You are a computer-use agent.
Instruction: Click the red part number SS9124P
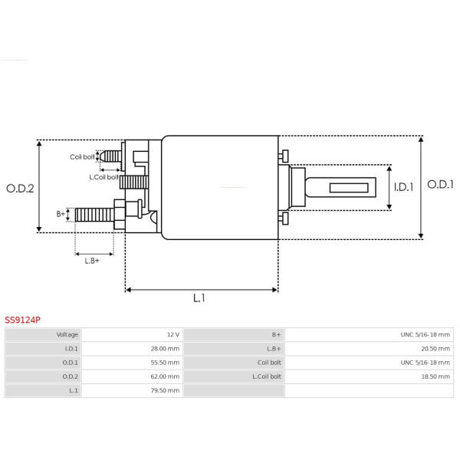[x=22, y=320]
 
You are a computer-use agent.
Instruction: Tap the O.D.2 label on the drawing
[x=20, y=189]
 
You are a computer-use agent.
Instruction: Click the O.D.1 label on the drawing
[x=440, y=185]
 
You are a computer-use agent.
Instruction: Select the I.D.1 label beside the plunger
[x=403, y=187]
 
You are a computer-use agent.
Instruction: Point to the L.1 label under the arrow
[x=199, y=298]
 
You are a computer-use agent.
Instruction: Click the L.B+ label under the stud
[x=92, y=261]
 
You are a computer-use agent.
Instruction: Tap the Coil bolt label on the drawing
[x=82, y=157]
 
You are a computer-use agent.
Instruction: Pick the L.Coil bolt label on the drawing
[x=103, y=177]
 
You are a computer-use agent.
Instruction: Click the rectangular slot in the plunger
[x=349, y=188]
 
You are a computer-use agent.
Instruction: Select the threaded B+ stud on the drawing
[x=94, y=215]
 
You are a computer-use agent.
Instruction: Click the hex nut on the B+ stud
[x=120, y=215]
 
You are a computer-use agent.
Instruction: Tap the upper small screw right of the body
[x=284, y=156]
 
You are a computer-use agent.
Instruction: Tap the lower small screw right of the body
[x=284, y=219]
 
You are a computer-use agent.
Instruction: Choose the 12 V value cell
[x=173, y=335]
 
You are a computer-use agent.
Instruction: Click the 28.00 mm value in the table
[x=165, y=349]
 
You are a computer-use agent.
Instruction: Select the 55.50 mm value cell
[x=165, y=363]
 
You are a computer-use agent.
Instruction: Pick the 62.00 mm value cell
[x=165, y=376]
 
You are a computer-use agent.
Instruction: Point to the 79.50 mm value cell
[x=165, y=390]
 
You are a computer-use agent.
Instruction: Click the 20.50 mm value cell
[x=435, y=349]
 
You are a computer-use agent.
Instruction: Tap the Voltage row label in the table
[x=67, y=335]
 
